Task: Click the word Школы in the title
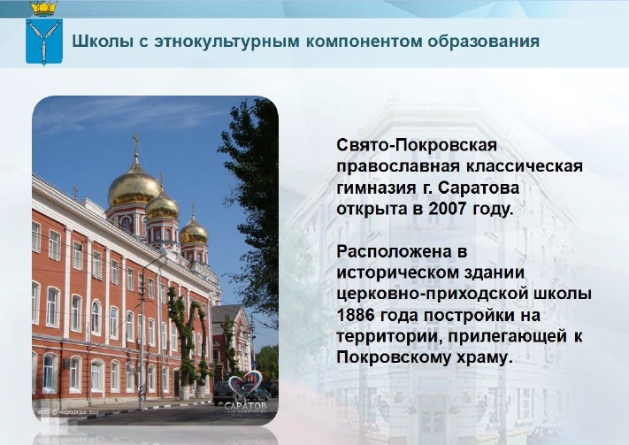(x=103, y=42)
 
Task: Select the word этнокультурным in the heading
(x=226, y=42)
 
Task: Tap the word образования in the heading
(x=483, y=42)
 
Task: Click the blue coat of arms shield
(x=44, y=42)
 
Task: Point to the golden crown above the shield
(x=44, y=8)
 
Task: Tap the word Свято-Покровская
(x=417, y=145)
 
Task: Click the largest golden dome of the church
(x=134, y=186)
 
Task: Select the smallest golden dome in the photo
(x=194, y=232)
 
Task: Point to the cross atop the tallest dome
(x=136, y=142)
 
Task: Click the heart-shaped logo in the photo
(x=245, y=383)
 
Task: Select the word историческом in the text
(x=431, y=272)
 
